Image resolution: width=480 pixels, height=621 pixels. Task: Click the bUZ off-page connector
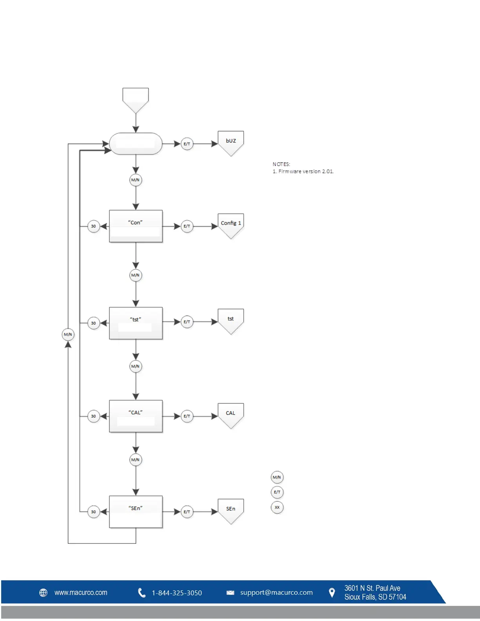click(231, 142)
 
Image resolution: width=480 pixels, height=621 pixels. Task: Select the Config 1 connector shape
click(231, 224)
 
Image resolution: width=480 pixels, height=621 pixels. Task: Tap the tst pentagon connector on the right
click(231, 320)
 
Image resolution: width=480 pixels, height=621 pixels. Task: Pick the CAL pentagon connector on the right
click(231, 414)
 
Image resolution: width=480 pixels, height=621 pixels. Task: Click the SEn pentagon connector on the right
click(231, 510)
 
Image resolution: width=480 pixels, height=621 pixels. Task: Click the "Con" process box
click(136, 226)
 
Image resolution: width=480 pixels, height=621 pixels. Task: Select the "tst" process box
click(136, 323)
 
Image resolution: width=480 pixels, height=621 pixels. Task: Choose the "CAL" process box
click(136, 416)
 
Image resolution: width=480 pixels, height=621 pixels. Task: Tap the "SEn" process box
click(136, 512)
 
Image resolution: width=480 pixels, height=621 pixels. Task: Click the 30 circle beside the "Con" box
click(93, 226)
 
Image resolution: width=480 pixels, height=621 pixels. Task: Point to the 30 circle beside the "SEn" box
click(93, 512)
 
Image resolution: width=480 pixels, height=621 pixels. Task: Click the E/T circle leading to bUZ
click(187, 144)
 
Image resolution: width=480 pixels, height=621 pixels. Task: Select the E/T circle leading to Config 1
click(187, 226)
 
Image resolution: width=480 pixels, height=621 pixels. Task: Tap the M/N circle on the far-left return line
click(68, 334)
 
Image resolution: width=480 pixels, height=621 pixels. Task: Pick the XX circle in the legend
click(277, 507)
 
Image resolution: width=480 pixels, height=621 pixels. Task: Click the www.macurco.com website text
click(81, 592)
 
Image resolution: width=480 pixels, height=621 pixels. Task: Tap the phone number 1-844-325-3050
click(177, 593)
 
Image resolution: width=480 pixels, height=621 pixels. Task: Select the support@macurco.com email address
click(276, 592)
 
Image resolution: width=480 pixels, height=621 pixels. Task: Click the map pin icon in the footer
click(332, 592)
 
